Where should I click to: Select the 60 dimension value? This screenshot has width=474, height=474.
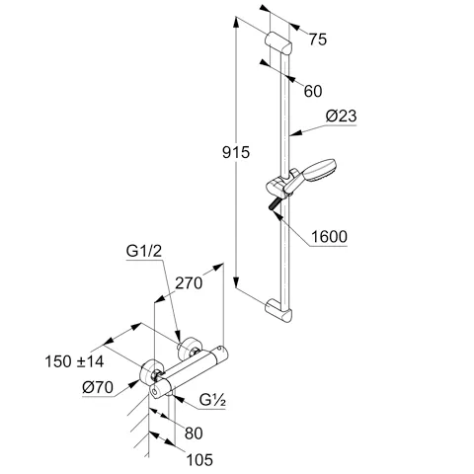(x=312, y=91)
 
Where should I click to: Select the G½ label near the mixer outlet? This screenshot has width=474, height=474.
(x=213, y=403)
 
